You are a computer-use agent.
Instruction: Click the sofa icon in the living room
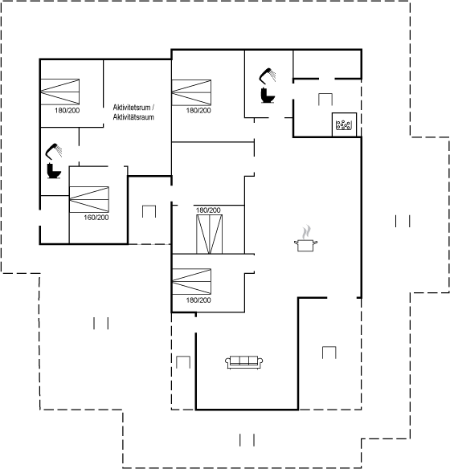pyautogui.click(x=243, y=362)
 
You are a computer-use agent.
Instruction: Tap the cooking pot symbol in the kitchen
pyautogui.click(x=305, y=245)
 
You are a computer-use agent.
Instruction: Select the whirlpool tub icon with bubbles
pyautogui.click(x=344, y=124)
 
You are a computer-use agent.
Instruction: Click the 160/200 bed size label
pyautogui.click(x=96, y=218)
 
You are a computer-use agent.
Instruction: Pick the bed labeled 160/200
pyautogui.click(x=89, y=199)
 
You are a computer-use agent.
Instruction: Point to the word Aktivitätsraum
pyautogui.click(x=133, y=117)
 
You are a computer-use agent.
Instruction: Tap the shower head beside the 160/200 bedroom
pyautogui.click(x=54, y=151)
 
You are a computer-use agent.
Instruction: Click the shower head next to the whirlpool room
pyautogui.click(x=267, y=75)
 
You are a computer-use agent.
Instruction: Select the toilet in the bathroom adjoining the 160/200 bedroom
pyautogui.click(x=54, y=171)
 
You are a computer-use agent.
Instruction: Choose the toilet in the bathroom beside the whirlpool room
pyautogui.click(x=268, y=95)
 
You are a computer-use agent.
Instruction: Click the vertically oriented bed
pyautogui.click(x=210, y=234)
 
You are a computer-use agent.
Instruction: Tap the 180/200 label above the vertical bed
pyautogui.click(x=208, y=210)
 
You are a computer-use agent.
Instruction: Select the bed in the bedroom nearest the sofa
pyautogui.click(x=192, y=281)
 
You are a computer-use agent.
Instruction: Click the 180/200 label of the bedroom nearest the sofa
pyautogui.click(x=198, y=300)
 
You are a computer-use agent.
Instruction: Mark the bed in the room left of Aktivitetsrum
pyautogui.click(x=59, y=92)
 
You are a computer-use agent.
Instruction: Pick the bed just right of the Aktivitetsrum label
pyautogui.click(x=191, y=92)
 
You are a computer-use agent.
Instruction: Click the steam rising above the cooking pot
pyautogui.click(x=306, y=232)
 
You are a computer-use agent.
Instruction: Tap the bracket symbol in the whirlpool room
pyautogui.click(x=325, y=100)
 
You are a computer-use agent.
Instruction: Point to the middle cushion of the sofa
pyautogui.click(x=243, y=361)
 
